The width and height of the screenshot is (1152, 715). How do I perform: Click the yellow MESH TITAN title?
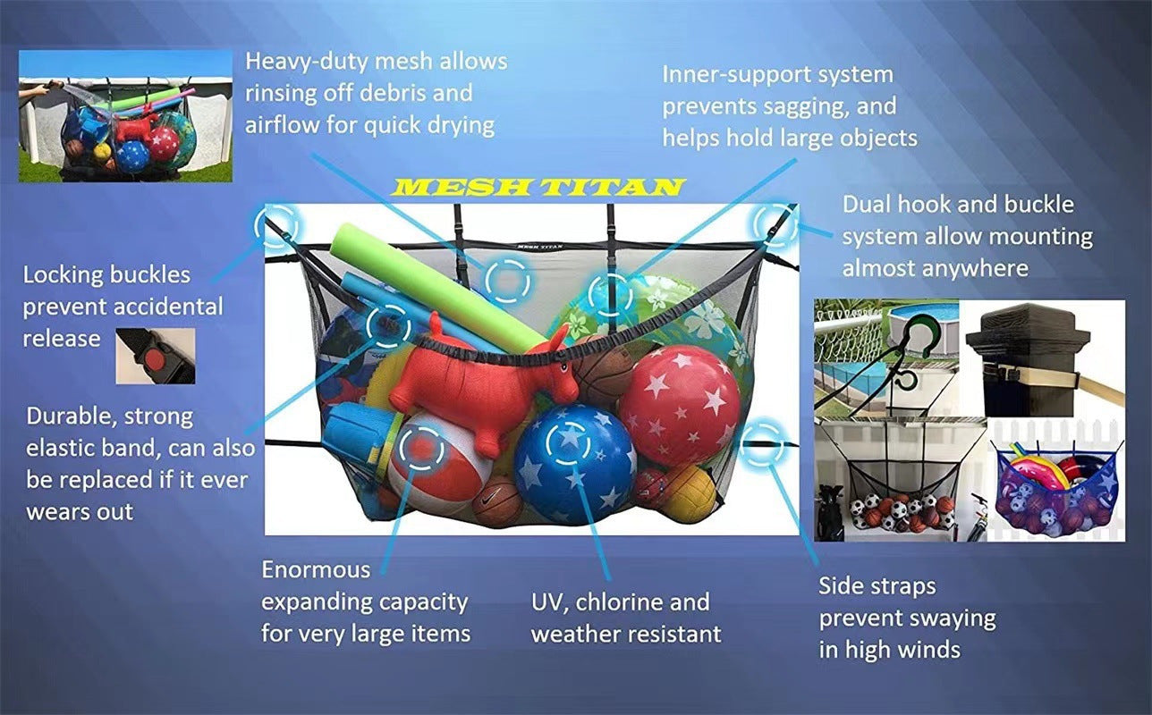[539, 187]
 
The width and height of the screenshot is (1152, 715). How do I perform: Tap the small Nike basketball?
[497, 501]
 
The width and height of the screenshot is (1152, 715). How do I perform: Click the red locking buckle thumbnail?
[155, 355]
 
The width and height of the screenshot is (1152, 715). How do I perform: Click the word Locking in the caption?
[69, 274]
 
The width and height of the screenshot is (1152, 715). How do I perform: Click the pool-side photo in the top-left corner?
[125, 116]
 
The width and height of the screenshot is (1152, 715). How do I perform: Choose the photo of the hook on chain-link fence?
[886, 357]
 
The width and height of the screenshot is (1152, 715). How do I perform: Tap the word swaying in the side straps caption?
[951, 618]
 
